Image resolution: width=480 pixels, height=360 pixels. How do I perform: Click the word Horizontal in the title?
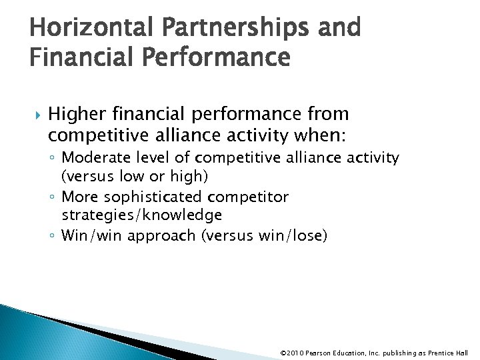click(x=83, y=27)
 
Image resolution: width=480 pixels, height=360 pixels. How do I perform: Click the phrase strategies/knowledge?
click(x=141, y=215)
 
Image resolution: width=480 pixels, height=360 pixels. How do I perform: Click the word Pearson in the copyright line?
click(x=322, y=353)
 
